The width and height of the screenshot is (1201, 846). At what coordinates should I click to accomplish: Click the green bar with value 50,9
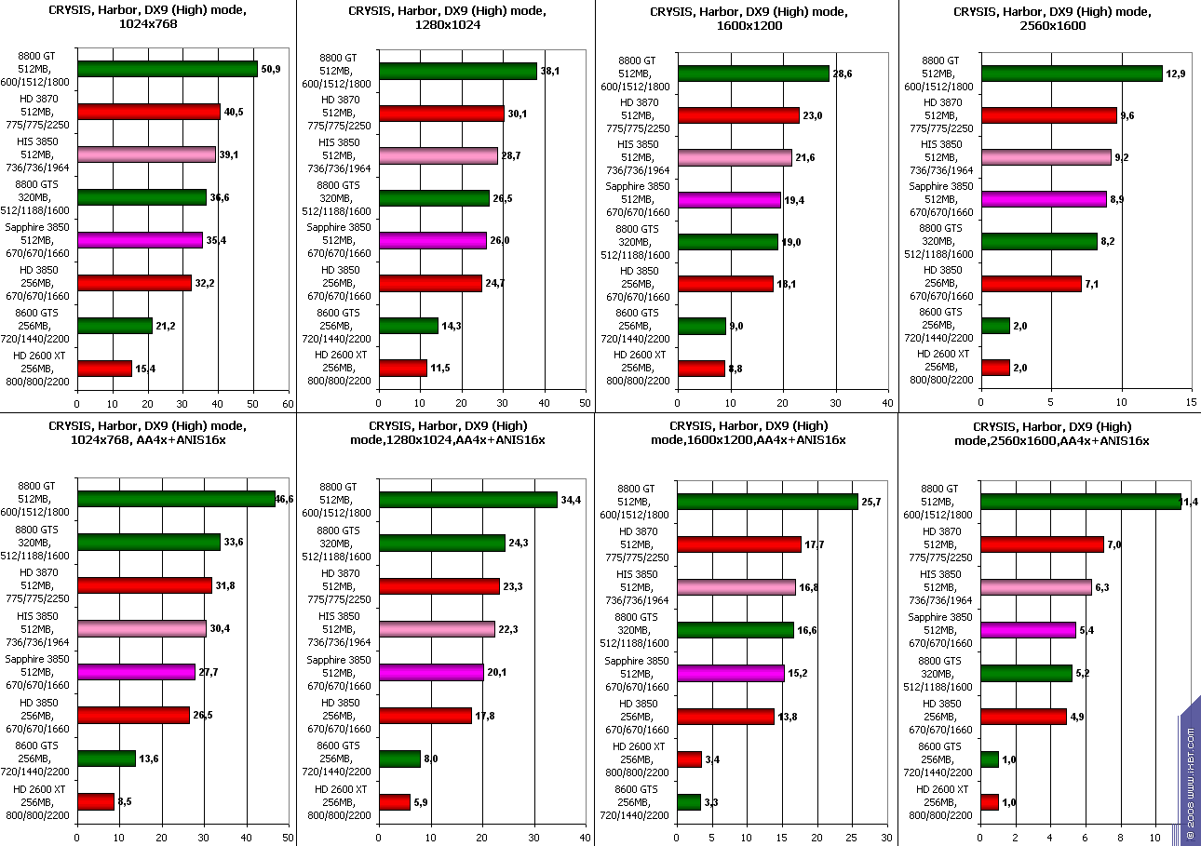pos(168,69)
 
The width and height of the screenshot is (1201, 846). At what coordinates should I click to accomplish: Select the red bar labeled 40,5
pos(149,112)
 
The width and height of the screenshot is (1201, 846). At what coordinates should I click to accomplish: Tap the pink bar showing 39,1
pos(146,154)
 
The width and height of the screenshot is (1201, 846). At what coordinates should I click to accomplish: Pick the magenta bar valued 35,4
pos(140,240)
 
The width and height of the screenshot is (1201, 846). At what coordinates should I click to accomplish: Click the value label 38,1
pos(551,71)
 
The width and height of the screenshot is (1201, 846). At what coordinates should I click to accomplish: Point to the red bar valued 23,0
pos(738,115)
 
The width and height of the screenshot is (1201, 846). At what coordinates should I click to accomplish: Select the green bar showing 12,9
pos(1072,74)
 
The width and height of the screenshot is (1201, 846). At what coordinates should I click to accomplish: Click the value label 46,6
pos(285,500)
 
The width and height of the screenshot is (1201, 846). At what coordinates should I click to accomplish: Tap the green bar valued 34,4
pos(468,500)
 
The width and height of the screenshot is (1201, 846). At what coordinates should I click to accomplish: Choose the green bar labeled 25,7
pos(768,502)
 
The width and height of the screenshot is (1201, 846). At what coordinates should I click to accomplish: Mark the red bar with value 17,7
pos(739,544)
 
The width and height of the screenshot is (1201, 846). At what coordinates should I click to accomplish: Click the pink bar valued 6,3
pos(1036,587)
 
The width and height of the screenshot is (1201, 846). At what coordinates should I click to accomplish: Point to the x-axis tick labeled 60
pos(288,403)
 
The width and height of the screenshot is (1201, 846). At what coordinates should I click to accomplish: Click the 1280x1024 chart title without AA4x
pos(446,19)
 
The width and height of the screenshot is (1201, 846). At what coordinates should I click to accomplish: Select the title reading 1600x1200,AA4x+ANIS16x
pos(748,433)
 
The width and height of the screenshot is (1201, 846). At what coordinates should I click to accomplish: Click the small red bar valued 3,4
pos(690,759)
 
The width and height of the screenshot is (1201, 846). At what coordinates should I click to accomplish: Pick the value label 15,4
pos(145,369)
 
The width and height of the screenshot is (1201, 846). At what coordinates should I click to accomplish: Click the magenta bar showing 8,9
pos(1044,199)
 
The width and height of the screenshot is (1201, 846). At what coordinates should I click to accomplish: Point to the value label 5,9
pos(422,802)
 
